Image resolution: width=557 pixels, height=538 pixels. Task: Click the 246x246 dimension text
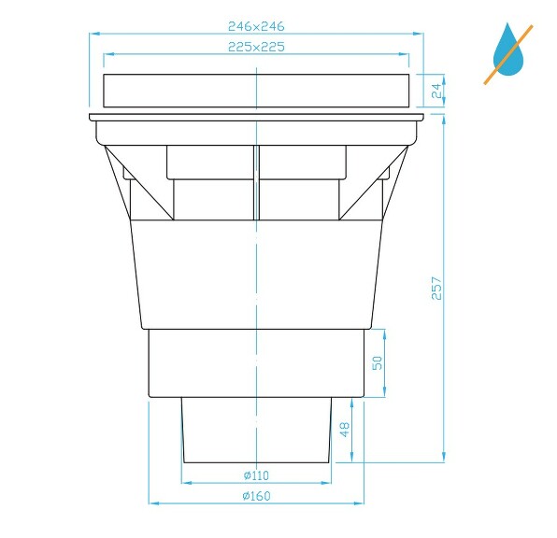256,28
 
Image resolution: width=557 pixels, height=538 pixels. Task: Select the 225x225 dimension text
256,46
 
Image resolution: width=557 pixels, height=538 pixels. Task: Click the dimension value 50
378,362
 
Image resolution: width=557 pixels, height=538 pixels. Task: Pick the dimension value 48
344,430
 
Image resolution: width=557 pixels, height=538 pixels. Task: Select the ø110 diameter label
256,475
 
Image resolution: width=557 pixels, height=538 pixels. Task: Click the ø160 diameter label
256,496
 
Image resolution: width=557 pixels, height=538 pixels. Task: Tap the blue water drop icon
509,51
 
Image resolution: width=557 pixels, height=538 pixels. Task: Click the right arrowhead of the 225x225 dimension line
407,54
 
